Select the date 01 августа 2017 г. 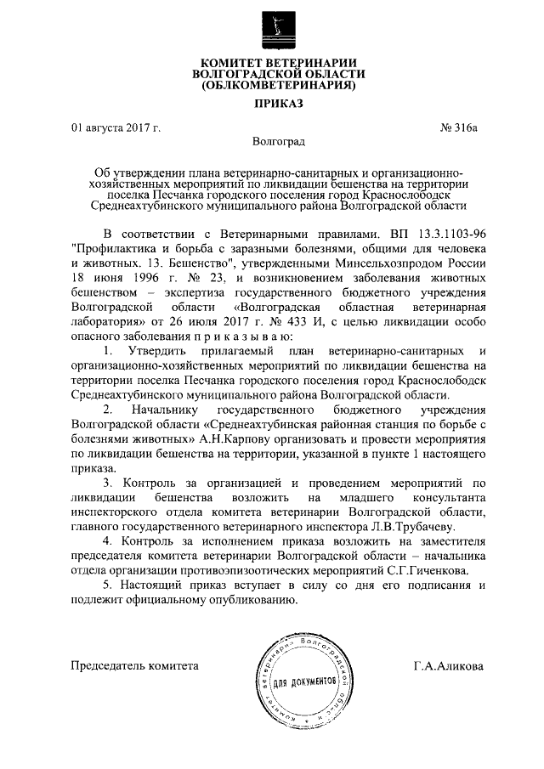click(x=116, y=128)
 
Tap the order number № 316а click(x=459, y=128)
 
